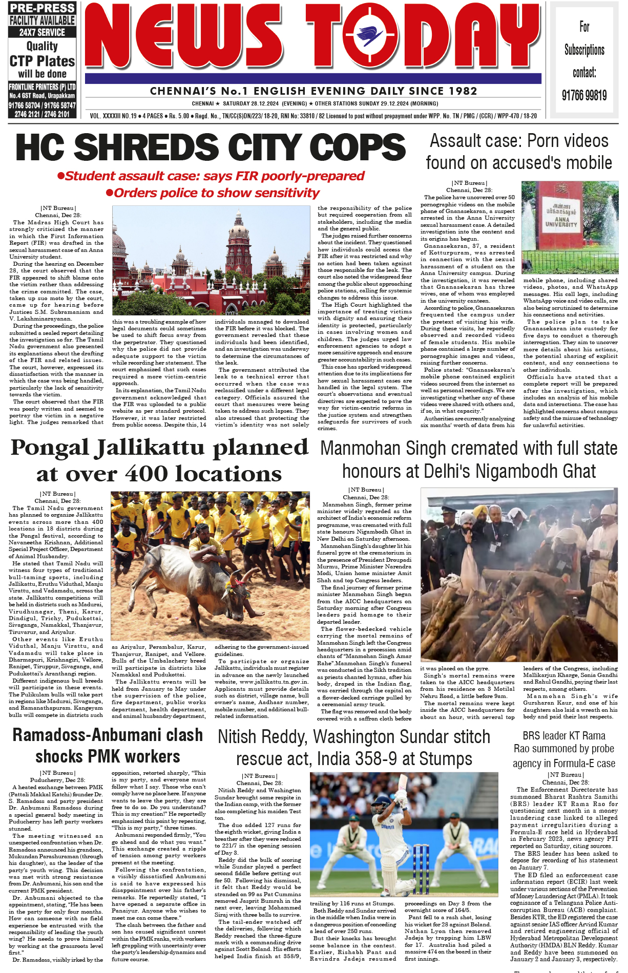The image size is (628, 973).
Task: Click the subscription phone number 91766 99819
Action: (584, 95)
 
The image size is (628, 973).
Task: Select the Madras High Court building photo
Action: (211, 260)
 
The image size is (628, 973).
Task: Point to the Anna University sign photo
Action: (570, 227)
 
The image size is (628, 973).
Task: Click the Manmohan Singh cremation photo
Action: (519, 574)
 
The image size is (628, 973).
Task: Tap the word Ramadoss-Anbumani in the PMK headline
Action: (108, 735)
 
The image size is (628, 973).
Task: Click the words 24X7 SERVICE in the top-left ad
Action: (42, 32)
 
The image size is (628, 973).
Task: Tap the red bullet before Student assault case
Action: (60, 176)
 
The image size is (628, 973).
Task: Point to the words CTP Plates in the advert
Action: (42, 61)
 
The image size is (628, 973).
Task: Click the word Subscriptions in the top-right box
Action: (584, 50)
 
